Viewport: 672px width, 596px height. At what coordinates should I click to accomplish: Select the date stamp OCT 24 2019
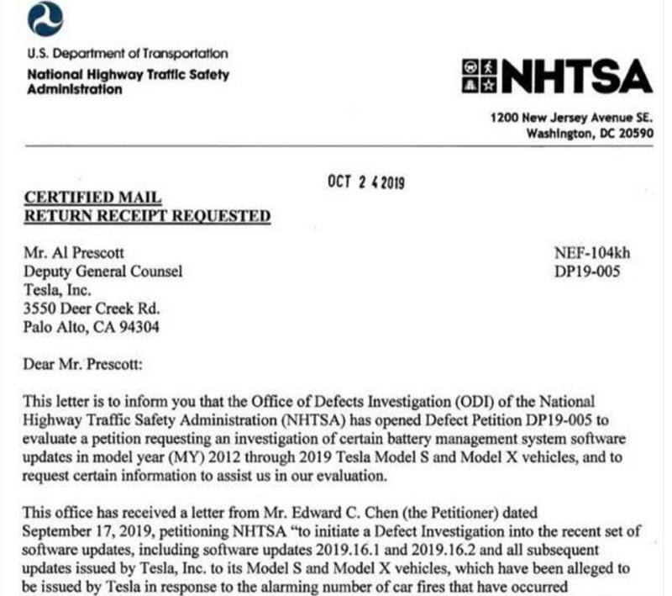click(x=365, y=182)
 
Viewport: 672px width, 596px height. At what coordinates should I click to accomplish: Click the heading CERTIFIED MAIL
click(x=93, y=198)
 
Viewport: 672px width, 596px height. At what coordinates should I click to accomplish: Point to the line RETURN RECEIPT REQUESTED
click(x=147, y=217)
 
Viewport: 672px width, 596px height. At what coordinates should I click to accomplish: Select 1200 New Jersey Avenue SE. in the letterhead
click(x=571, y=119)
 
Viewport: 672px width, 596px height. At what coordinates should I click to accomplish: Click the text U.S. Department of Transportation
click(x=128, y=53)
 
